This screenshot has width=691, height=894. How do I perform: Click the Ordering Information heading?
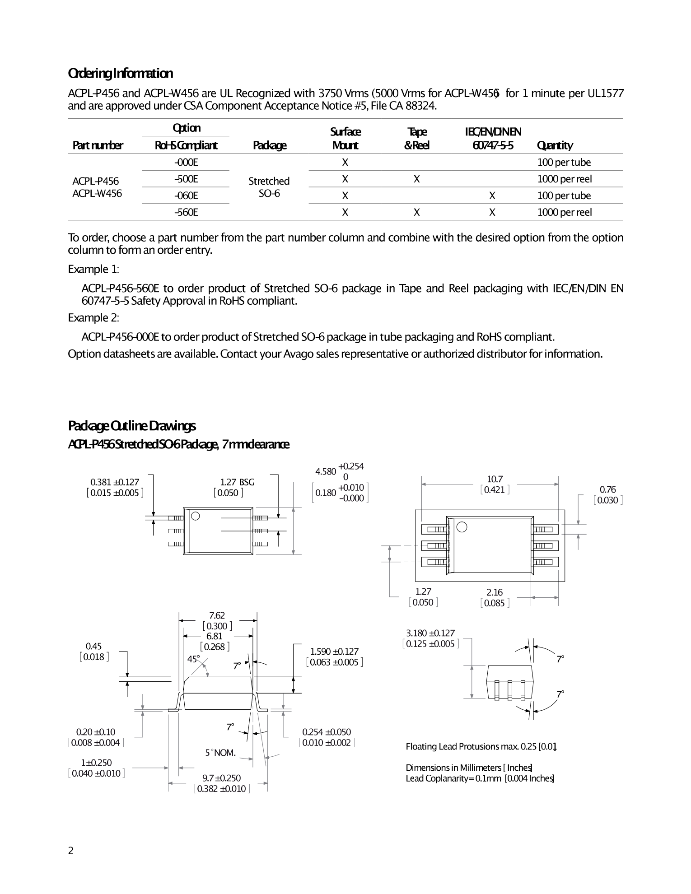120,73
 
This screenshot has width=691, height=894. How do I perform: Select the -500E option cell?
186,179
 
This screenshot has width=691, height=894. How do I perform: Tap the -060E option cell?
186,196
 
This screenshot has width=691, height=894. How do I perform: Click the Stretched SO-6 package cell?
269,187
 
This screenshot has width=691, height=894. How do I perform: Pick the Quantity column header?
555,145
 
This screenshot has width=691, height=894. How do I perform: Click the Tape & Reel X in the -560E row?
416,212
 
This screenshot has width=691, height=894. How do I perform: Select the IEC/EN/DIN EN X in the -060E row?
492,196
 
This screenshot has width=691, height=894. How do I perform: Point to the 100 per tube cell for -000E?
564,162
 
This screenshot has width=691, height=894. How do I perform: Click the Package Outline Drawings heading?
132,426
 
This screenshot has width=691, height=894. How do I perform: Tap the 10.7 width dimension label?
495,479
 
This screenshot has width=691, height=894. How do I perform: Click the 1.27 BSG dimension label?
237,482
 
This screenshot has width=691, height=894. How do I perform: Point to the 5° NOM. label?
220,753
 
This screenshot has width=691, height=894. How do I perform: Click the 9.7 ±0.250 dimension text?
221,778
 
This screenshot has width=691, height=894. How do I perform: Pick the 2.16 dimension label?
495,592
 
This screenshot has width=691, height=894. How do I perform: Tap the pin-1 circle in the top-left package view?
196,516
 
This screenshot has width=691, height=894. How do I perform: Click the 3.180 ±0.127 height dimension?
430,633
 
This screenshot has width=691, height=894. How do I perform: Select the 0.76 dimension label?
607,489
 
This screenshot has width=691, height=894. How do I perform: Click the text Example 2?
93,318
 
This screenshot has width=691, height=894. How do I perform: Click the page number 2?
70,851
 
